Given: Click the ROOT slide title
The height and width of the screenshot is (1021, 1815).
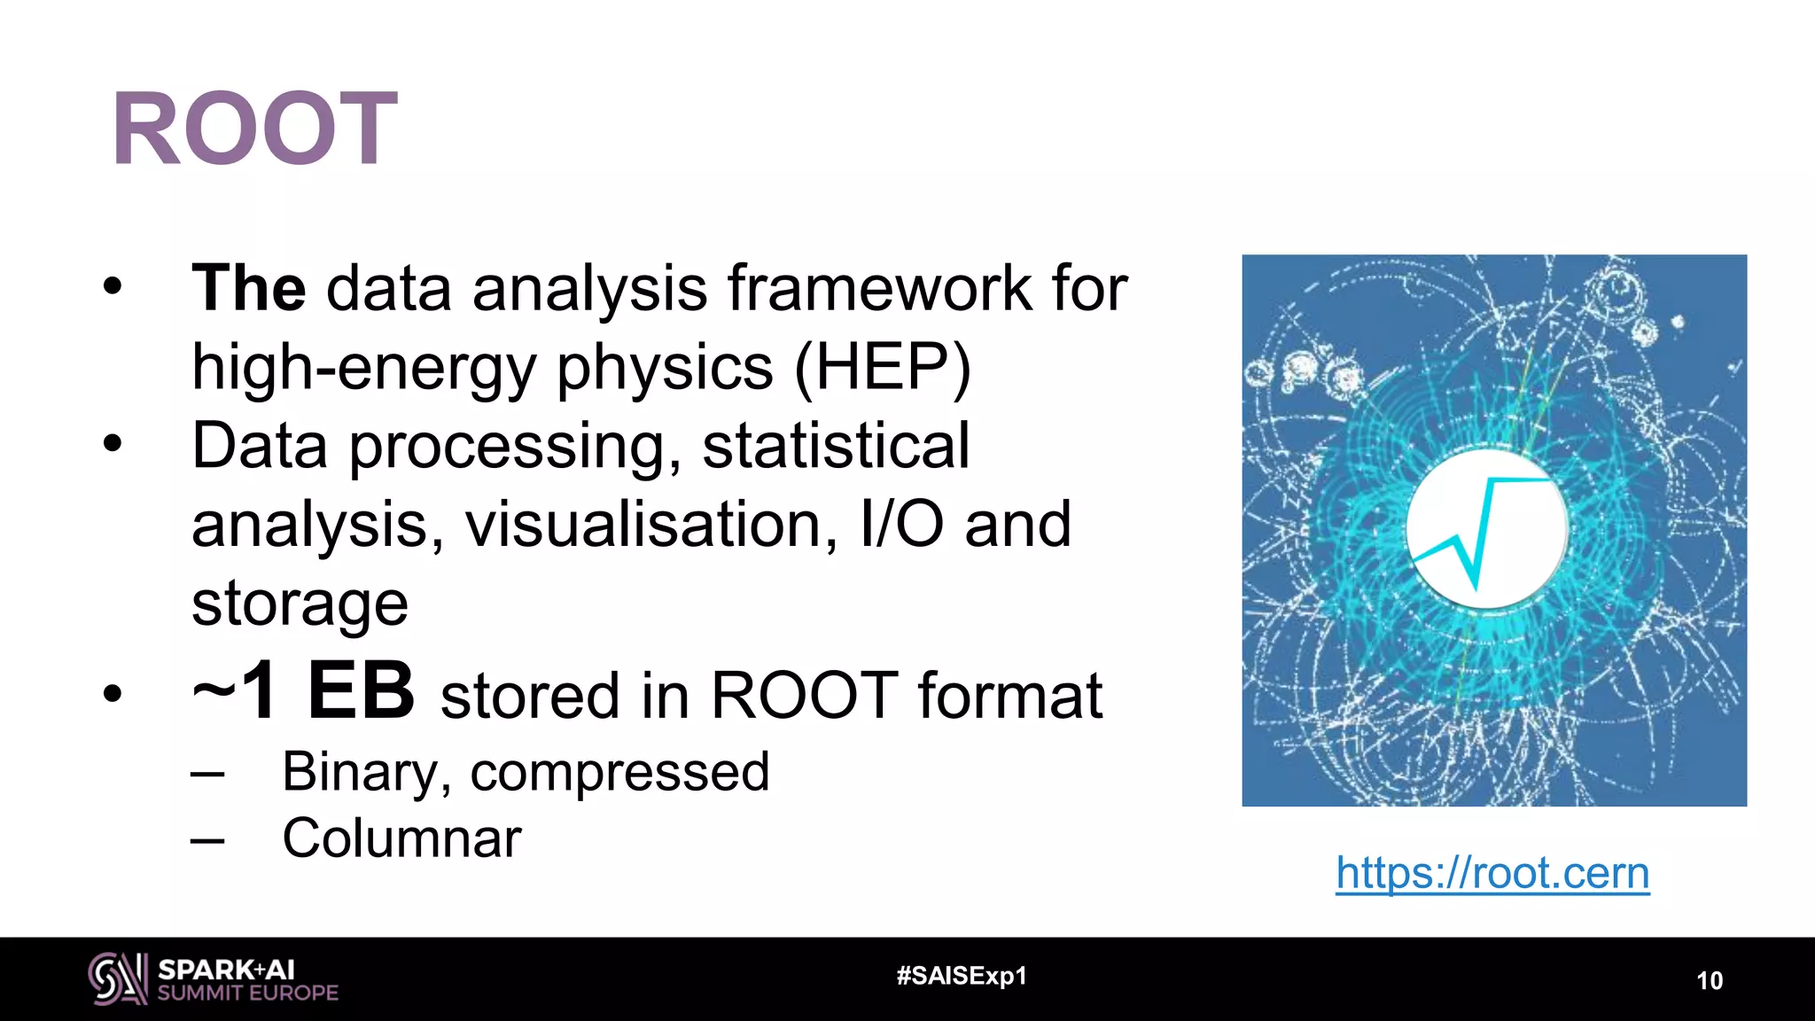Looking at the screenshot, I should click(x=254, y=129).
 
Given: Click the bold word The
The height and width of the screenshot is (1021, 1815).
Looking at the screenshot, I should click(x=248, y=289).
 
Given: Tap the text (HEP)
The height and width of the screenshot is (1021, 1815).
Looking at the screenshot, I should click(x=882, y=367).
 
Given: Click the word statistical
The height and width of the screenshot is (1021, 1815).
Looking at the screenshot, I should click(x=836, y=446).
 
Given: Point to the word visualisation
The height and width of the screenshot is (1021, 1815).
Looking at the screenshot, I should click(x=651, y=525).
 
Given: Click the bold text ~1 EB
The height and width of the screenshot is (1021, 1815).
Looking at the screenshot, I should click(x=303, y=691).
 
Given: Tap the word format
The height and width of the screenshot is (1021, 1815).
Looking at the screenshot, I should click(x=1009, y=696).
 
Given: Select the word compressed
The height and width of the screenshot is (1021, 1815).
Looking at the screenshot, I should click(x=619, y=772).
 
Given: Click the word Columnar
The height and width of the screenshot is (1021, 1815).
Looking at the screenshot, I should click(x=401, y=838).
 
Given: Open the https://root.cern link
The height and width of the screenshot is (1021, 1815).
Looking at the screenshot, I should click(x=1492, y=873).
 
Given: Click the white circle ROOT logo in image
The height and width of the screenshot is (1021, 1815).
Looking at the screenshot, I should click(x=1486, y=529).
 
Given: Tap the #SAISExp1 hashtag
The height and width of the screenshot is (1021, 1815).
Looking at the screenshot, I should click(x=962, y=976).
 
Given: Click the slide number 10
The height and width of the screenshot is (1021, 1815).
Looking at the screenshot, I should click(x=1709, y=980).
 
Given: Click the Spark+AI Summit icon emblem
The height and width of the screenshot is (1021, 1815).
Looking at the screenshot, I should click(x=117, y=978).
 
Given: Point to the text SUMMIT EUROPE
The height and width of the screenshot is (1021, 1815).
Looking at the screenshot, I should click(x=248, y=994).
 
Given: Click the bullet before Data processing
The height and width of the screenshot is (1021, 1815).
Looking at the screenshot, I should click(x=112, y=444).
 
